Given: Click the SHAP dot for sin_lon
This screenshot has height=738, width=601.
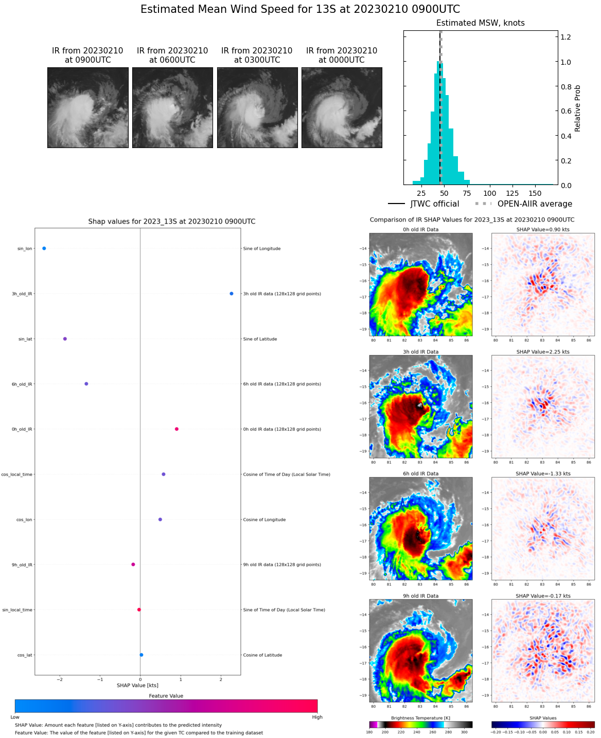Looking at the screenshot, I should point(44,248).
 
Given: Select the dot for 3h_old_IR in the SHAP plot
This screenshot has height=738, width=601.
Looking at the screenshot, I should point(232,293).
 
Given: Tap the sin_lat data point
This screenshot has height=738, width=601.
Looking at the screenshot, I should point(65,339).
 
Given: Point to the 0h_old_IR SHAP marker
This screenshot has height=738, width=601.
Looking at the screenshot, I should point(176,429).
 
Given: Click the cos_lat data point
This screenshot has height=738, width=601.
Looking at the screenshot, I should point(142,655).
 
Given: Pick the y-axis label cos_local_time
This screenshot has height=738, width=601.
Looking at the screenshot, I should point(17,474).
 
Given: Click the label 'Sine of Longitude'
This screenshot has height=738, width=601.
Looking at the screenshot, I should point(262,249).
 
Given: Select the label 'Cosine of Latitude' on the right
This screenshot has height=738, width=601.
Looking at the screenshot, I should point(262,655).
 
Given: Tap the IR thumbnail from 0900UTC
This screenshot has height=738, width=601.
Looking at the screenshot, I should point(88,107).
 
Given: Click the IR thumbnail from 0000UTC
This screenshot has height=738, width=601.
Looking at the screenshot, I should point(342,107).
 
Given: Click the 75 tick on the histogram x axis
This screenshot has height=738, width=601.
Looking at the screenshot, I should point(467,193).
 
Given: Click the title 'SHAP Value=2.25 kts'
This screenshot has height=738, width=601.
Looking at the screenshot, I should point(543,352).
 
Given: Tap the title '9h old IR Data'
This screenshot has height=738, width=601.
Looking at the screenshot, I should point(420,596).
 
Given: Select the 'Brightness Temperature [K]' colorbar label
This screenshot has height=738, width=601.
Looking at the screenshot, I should point(420,718).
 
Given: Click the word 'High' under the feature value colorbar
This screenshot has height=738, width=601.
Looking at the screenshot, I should point(317,717).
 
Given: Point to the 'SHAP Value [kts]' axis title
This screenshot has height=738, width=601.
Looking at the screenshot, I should point(137,685).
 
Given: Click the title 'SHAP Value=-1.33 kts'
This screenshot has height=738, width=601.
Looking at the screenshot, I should point(543,474).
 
